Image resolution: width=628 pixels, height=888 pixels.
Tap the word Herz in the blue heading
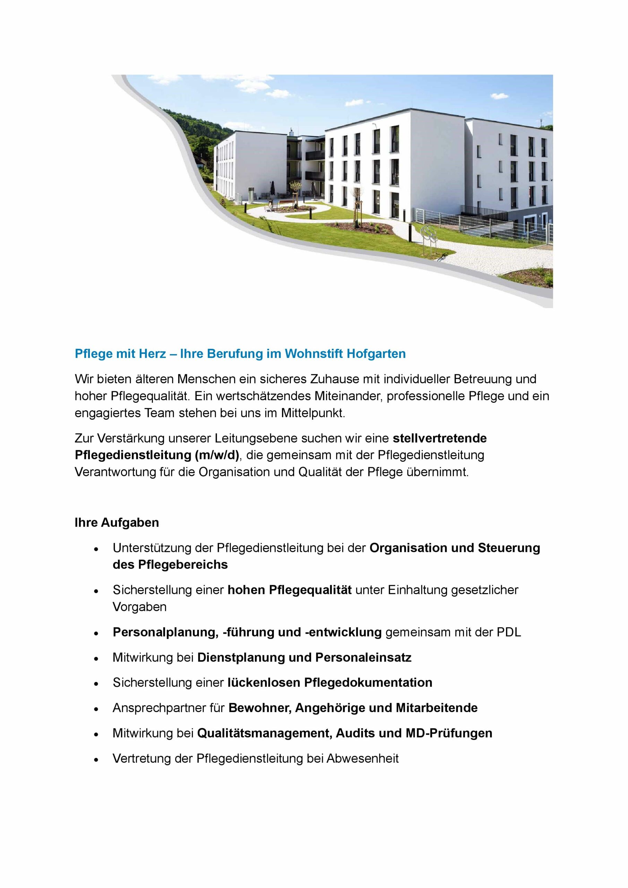click(x=152, y=353)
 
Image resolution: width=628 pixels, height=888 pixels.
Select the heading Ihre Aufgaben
click(x=117, y=522)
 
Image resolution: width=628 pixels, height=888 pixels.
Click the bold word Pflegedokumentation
click(x=368, y=683)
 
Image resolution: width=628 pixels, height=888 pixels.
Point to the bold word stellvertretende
click(x=440, y=438)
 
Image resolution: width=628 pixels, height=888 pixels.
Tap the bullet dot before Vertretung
click(x=96, y=760)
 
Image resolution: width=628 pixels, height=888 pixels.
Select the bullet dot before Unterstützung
click(x=96, y=549)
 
